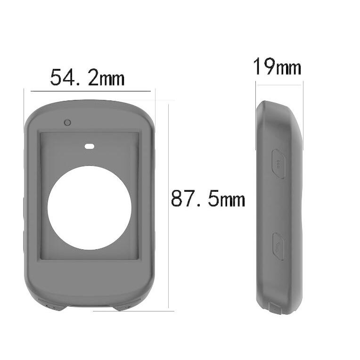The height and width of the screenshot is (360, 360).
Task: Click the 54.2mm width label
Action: (87, 77)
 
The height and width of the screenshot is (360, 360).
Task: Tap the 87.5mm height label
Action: (208, 199)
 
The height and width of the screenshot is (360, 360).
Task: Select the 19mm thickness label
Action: (277, 67)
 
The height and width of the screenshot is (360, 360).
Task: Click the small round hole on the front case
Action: (68, 123)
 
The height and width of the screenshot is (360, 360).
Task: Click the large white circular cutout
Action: (90, 208)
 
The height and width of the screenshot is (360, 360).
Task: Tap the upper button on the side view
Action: (278, 164)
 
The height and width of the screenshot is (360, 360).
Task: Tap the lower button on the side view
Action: (278, 245)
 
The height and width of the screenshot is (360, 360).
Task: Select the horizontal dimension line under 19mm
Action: (279, 85)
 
